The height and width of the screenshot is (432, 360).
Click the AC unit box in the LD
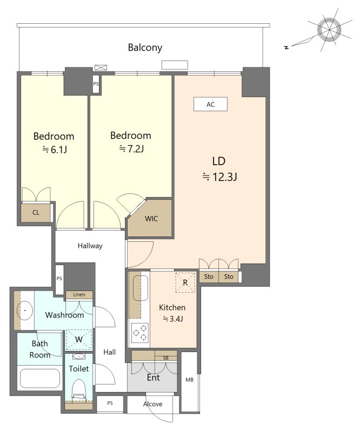coord(210,104)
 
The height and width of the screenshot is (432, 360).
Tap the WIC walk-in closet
coord(150,218)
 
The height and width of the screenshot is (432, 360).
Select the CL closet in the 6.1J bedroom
coord(36,212)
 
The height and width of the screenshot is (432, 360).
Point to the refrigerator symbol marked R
coord(185,282)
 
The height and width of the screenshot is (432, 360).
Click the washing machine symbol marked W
coord(79,340)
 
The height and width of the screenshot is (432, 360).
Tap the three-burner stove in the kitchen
coord(140,333)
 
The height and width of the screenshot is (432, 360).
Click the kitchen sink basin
coord(141,288)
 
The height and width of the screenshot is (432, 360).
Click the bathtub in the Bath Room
coord(40,377)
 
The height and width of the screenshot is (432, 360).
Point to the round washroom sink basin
coord(25,310)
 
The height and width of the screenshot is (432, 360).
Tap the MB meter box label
coord(189,380)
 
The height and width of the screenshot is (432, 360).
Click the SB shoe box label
coord(166,358)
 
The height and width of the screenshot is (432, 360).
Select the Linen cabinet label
coord(79,294)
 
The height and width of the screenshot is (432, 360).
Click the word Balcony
coord(145,48)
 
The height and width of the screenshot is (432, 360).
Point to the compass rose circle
coord(329,30)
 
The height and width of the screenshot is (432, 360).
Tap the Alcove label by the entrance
coord(152,404)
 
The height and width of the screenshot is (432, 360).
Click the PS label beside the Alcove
coord(110,403)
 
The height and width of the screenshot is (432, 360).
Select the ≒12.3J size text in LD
coord(219,177)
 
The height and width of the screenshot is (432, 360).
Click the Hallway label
coord(90,246)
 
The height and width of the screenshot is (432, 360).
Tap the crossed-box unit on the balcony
coord(101,67)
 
